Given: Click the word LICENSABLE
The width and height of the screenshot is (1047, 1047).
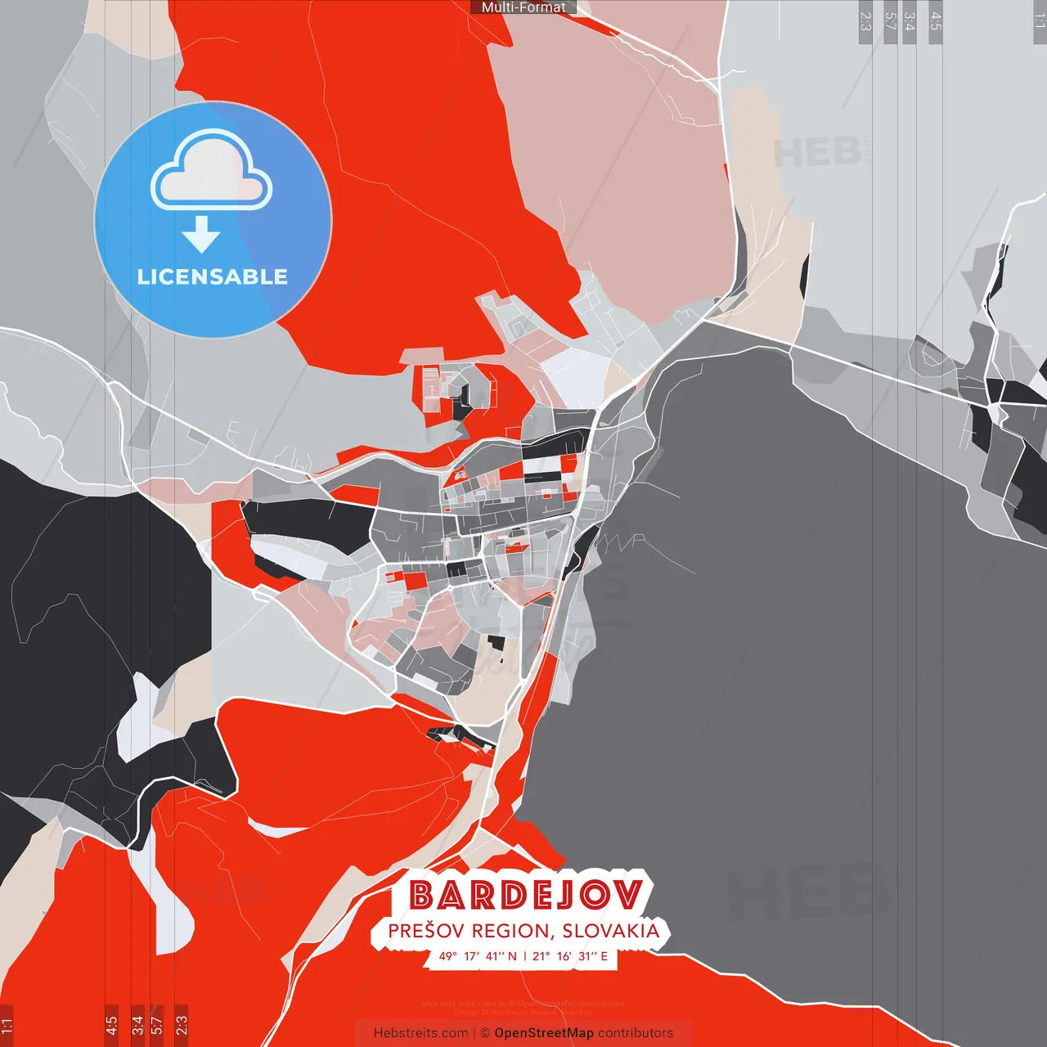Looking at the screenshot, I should point(213,276).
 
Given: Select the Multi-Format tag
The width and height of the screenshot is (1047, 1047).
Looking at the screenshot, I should point(523,7).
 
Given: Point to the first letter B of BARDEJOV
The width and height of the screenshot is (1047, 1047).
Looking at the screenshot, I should point(421,895).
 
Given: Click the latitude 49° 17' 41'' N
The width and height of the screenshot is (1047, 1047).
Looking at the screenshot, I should point(479,955).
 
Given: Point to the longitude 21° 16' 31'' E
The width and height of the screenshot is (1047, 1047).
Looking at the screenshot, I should point(570,955).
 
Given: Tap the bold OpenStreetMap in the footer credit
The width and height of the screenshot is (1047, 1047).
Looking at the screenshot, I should point(544,1033).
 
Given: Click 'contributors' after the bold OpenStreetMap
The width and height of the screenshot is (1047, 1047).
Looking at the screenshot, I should point(636,1033).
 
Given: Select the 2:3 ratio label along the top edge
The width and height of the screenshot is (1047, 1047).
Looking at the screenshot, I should point(865,21).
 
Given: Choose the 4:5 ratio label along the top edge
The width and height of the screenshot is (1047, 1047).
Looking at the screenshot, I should point(936,21).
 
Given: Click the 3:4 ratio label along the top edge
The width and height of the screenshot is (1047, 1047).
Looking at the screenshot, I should point(910,21).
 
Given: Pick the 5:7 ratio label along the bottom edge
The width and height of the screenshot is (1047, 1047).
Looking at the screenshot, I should point(157,1024).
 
